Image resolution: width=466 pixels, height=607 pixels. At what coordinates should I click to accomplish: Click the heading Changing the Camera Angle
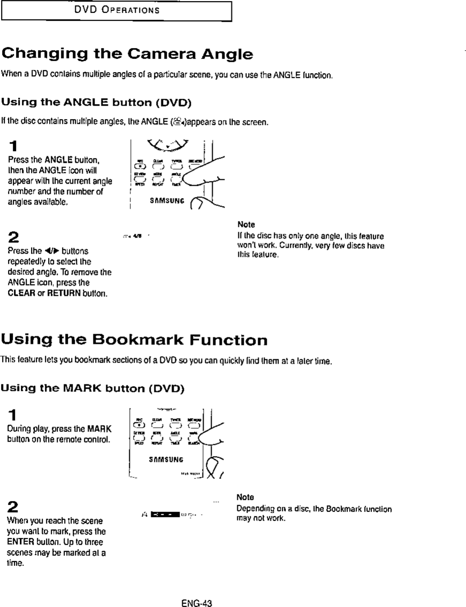[x=127, y=53]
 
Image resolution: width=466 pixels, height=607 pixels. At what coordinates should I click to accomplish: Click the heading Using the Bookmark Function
[x=134, y=340]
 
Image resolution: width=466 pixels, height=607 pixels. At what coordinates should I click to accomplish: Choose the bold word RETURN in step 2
[x=65, y=293]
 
